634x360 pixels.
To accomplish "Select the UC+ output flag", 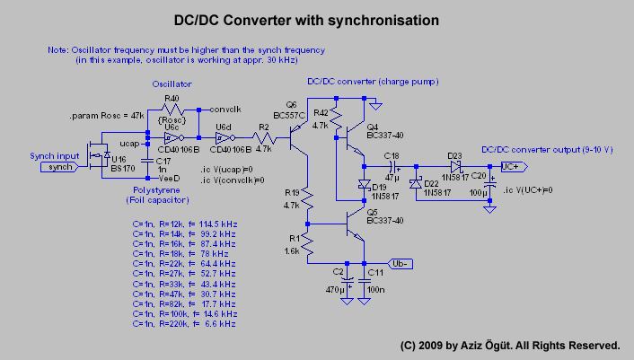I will click(510, 166).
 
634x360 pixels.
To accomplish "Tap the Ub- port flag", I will click(401, 263).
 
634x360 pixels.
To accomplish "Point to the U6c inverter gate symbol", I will click(172, 139).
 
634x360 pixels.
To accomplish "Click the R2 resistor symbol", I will click(263, 139).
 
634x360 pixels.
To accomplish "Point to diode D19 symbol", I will click(364, 185).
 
